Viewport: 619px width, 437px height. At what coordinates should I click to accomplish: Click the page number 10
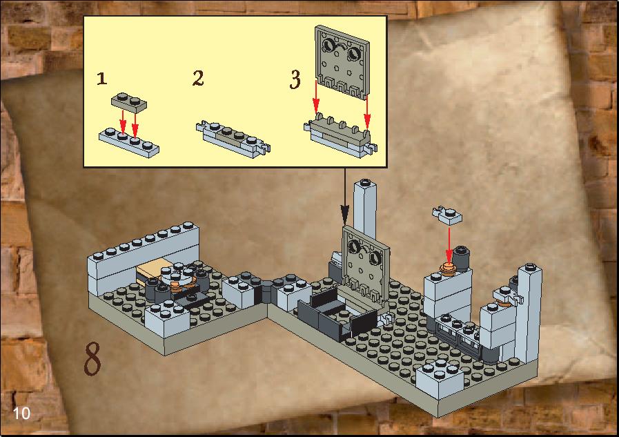pos(21,414)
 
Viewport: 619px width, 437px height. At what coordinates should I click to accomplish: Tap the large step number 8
pos(92,358)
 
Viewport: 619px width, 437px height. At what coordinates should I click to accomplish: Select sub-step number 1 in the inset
pos(102,78)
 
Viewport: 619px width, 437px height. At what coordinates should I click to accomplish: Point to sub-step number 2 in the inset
pos(198,78)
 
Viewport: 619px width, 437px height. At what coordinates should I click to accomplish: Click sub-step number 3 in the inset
pos(295,79)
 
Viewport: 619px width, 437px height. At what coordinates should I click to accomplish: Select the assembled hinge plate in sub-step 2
pos(233,139)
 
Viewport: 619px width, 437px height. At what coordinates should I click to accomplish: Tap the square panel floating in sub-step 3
pos(342,60)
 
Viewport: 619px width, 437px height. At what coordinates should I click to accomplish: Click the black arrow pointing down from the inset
pos(344,197)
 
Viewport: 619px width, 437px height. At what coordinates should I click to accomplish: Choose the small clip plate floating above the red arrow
pos(447,215)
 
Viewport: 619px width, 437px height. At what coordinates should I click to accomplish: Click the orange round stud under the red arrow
pos(448,269)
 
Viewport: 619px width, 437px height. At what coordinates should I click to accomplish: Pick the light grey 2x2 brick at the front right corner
pos(440,378)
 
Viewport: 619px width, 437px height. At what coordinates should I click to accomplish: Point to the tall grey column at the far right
pos(529,313)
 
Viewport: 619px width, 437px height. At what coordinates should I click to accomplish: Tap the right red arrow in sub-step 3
pos(367,111)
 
